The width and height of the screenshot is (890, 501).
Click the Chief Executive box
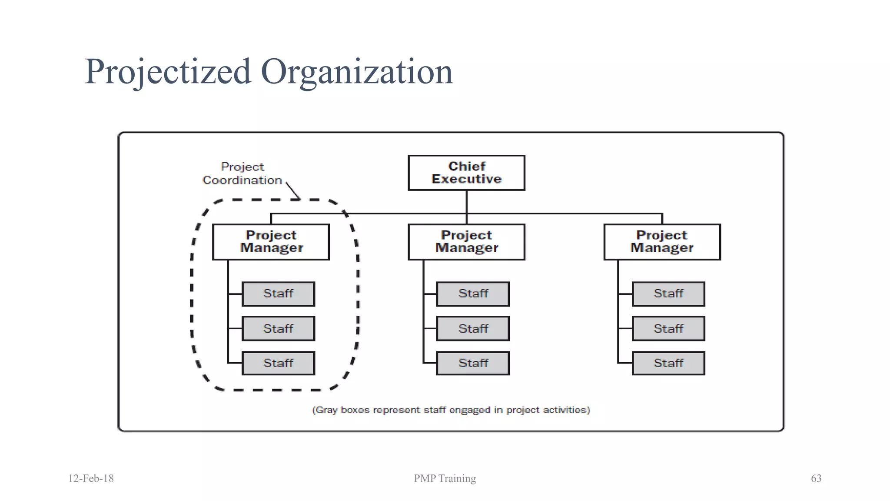[466, 173]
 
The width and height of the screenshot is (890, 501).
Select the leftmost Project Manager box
[271, 242]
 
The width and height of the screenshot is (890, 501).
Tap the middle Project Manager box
[466, 242]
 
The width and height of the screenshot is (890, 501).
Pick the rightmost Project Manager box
[662, 242]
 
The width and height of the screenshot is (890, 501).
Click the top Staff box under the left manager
[278, 294]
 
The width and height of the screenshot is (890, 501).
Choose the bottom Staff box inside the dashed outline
[278, 363]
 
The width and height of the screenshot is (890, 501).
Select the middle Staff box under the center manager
[473, 328]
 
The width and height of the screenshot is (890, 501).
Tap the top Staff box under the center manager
[473, 294]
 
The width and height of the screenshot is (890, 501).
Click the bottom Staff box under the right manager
[668, 363]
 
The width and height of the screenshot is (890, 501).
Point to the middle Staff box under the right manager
[668, 328]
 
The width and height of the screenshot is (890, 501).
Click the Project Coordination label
[242, 174]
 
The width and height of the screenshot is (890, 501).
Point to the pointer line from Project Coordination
[293, 191]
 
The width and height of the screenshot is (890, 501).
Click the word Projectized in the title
[168, 71]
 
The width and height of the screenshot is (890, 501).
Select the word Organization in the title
[357, 71]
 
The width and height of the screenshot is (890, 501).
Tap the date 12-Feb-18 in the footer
[91, 478]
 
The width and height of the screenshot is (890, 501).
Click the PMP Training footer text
[445, 478]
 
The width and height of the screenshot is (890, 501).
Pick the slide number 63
[816, 478]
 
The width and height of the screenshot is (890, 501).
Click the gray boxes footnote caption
[451, 410]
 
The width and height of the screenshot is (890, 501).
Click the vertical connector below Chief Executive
[466, 202]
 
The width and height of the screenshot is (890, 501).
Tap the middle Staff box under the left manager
[278, 328]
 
